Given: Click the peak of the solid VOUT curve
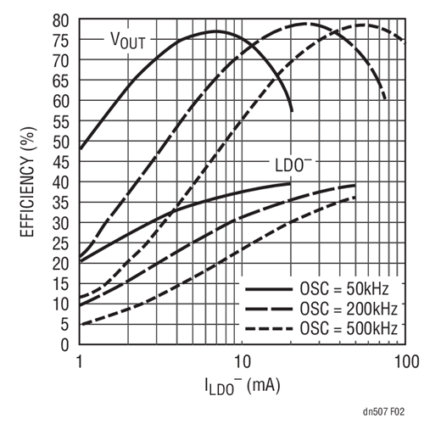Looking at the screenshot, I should [215, 31].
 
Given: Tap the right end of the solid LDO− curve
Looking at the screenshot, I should [291, 183].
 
